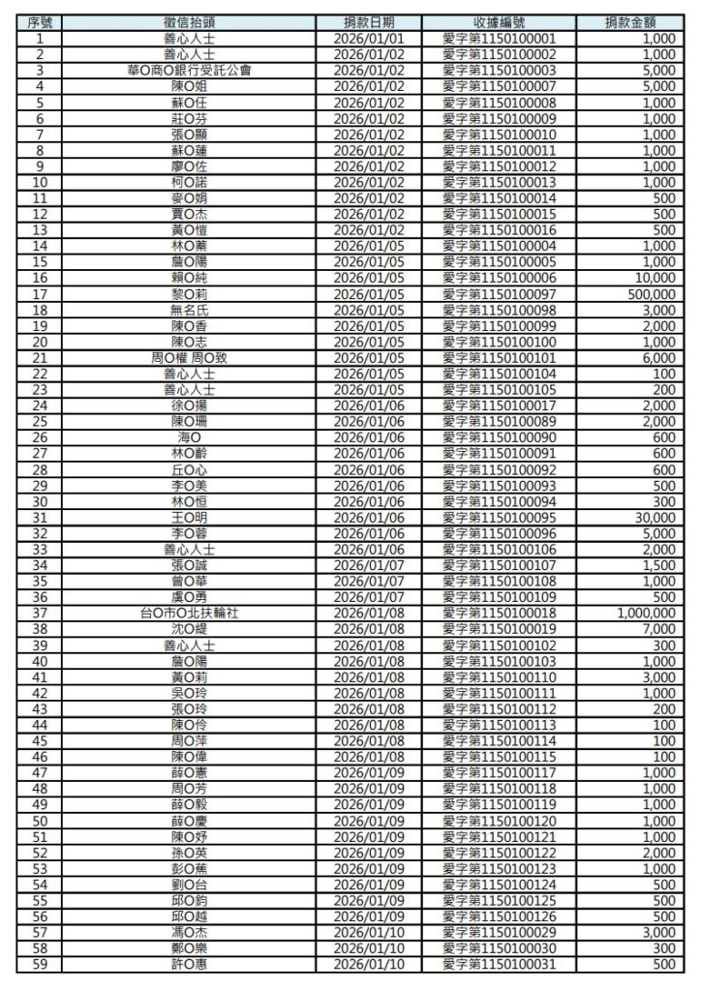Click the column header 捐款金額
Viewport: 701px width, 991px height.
click(636, 22)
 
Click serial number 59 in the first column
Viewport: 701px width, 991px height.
click(39, 964)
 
